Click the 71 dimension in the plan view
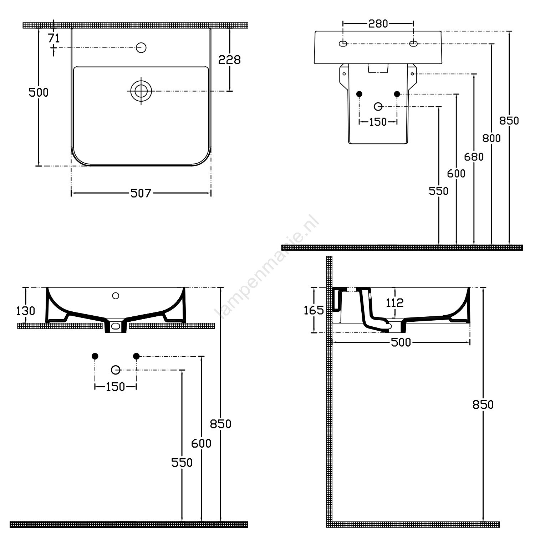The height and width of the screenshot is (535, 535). click(53, 38)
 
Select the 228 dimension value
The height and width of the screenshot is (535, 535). click(229, 60)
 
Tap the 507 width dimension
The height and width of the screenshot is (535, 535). click(141, 193)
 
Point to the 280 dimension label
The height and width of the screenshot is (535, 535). click(378, 24)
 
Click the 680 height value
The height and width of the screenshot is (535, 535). click(474, 157)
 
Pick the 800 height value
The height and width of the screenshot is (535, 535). click(491, 138)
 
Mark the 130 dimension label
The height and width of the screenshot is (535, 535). click(26, 311)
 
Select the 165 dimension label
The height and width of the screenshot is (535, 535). click(314, 310)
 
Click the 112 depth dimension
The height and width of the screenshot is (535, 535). click(395, 303)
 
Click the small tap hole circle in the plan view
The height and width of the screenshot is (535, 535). click(141, 47)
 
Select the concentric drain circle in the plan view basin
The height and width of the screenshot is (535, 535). click(141, 91)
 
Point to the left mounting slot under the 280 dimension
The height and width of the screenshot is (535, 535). click(343, 44)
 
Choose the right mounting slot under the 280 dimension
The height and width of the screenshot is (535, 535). click(413, 44)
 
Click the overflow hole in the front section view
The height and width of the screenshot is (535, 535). click(115, 295)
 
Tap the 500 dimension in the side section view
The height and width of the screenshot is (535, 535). click(401, 342)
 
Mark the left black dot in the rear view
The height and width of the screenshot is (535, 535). click(359, 94)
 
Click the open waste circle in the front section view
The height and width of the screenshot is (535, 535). click(116, 370)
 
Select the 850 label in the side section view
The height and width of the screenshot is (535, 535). click(483, 404)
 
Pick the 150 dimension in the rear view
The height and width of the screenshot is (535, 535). click(378, 122)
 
